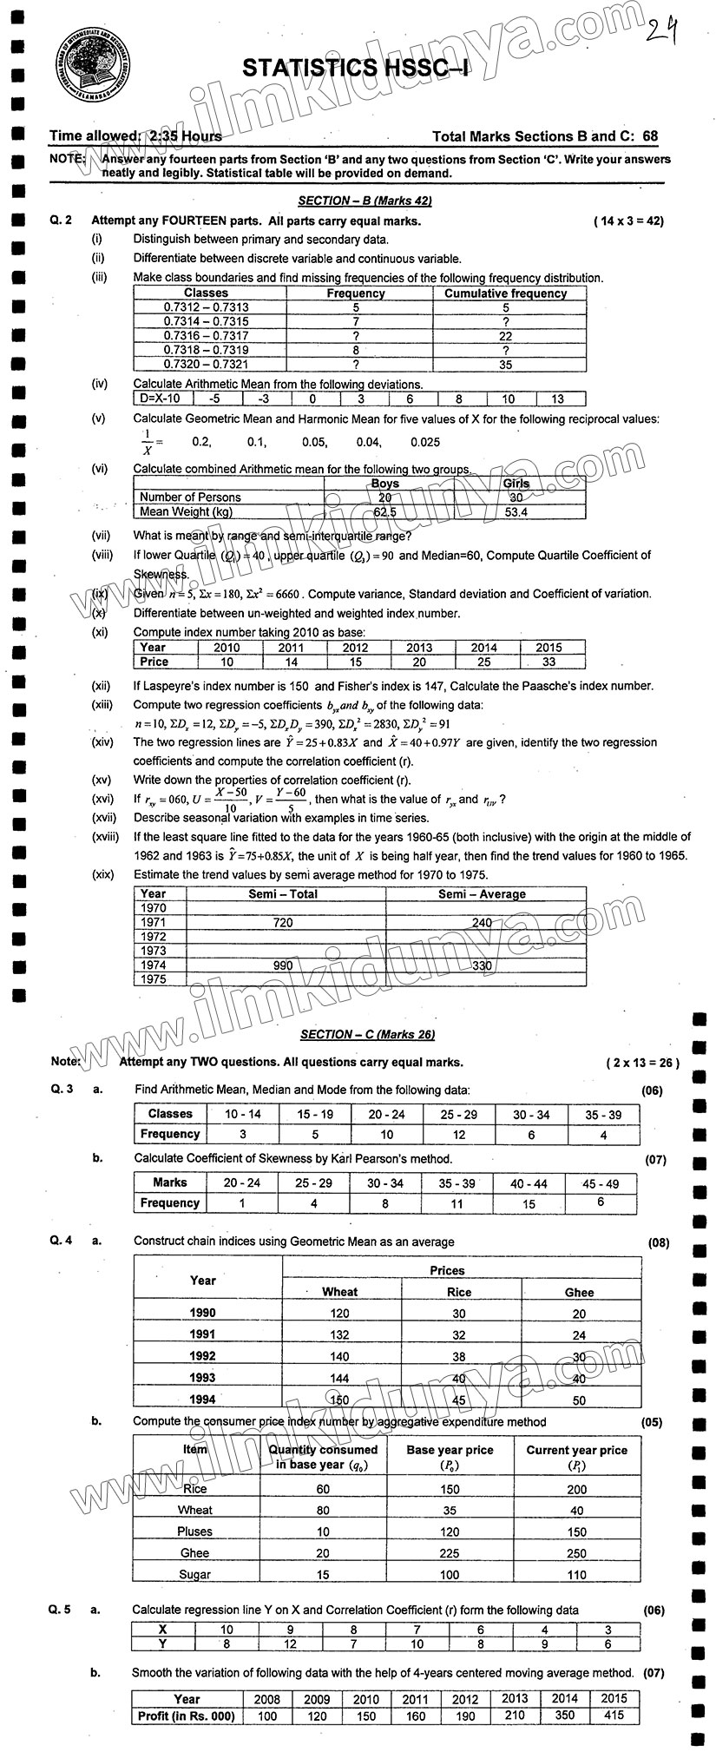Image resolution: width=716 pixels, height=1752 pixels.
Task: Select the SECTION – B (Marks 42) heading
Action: [x=365, y=201]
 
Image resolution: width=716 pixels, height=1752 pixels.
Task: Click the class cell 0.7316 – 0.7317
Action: [x=206, y=336]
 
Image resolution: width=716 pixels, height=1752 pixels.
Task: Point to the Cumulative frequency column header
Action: [x=505, y=293]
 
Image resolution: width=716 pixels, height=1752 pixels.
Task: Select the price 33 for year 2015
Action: [x=548, y=662]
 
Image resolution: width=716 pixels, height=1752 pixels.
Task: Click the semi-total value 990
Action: [x=282, y=965]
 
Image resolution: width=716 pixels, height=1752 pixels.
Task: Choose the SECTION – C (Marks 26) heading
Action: [x=367, y=1034]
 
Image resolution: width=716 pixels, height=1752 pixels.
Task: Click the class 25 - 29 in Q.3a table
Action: [x=459, y=1114]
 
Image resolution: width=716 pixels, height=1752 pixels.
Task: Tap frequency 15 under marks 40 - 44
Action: [x=529, y=1203]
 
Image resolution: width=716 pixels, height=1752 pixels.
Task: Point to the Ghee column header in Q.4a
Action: [x=579, y=1292]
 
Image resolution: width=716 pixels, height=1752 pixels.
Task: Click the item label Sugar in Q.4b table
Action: [x=194, y=1574]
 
